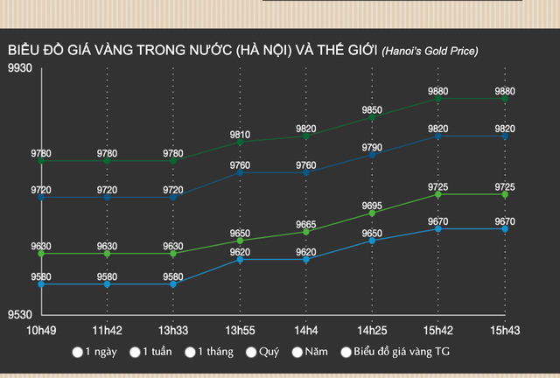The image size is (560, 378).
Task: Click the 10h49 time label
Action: pyautogui.click(x=41, y=331)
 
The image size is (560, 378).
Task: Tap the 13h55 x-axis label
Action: pyautogui.click(x=240, y=331)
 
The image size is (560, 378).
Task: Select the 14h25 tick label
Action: pyautogui.click(x=372, y=331)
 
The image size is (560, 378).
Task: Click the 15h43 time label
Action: pyautogui.click(x=505, y=331)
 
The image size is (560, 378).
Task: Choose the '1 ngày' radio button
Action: pyautogui.click(x=79, y=353)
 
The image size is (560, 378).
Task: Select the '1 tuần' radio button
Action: pyautogui.click(x=135, y=353)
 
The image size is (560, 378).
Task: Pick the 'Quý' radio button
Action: pyautogui.click(x=252, y=353)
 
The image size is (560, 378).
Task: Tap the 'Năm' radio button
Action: pyautogui.click(x=297, y=353)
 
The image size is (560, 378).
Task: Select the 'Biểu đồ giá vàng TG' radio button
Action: pyautogui.click(x=346, y=353)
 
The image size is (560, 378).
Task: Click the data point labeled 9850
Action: pyautogui.click(x=372, y=117)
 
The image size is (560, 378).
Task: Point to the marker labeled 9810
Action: pyautogui.click(x=240, y=142)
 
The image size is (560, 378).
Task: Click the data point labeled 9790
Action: pyautogui.click(x=372, y=154)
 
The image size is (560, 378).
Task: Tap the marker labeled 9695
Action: pyautogui.click(x=372, y=213)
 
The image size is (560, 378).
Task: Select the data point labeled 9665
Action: pyautogui.click(x=306, y=231)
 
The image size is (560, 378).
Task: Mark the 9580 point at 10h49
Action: pyautogui.click(x=41, y=284)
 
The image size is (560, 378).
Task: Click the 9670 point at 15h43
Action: pyautogui.click(x=505, y=228)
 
